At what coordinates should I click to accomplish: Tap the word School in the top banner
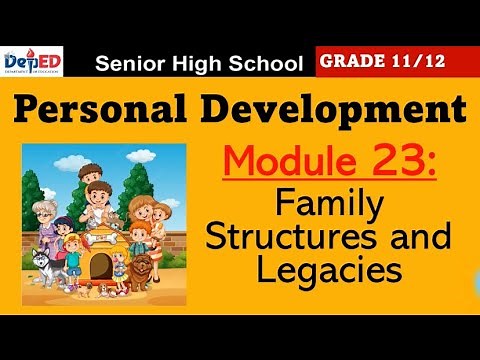click(267, 65)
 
